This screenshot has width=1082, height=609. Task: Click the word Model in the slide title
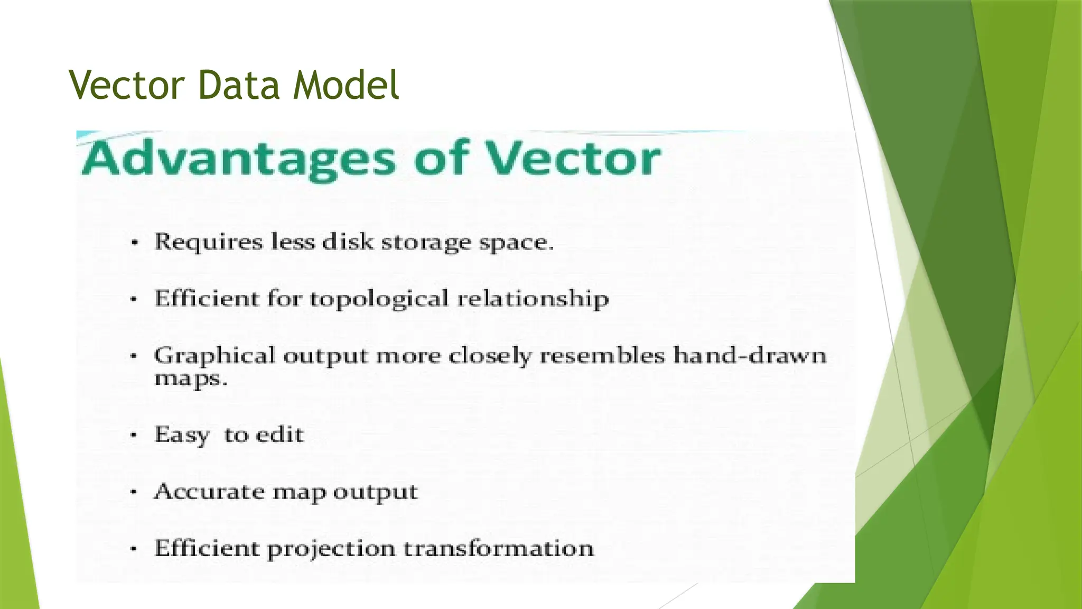coord(346,85)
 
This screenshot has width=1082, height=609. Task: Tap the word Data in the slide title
coord(238,85)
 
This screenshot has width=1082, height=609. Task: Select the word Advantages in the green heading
coord(239,158)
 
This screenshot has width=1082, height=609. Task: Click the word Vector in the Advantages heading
coord(573,158)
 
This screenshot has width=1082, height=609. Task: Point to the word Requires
coord(208,242)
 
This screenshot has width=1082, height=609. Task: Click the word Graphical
coord(214,356)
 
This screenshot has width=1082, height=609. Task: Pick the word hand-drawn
coord(750,355)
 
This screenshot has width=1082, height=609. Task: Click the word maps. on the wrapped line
coord(191,379)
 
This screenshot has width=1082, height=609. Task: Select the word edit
coord(280,435)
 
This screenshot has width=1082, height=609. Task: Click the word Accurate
coord(209,492)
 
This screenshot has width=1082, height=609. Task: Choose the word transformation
coord(499,548)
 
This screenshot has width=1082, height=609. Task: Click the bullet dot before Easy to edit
coord(134,436)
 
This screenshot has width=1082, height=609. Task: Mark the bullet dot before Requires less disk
coord(135,243)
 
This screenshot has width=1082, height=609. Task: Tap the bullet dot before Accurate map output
coord(134,492)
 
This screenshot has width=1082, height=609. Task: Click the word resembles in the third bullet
coord(602,355)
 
